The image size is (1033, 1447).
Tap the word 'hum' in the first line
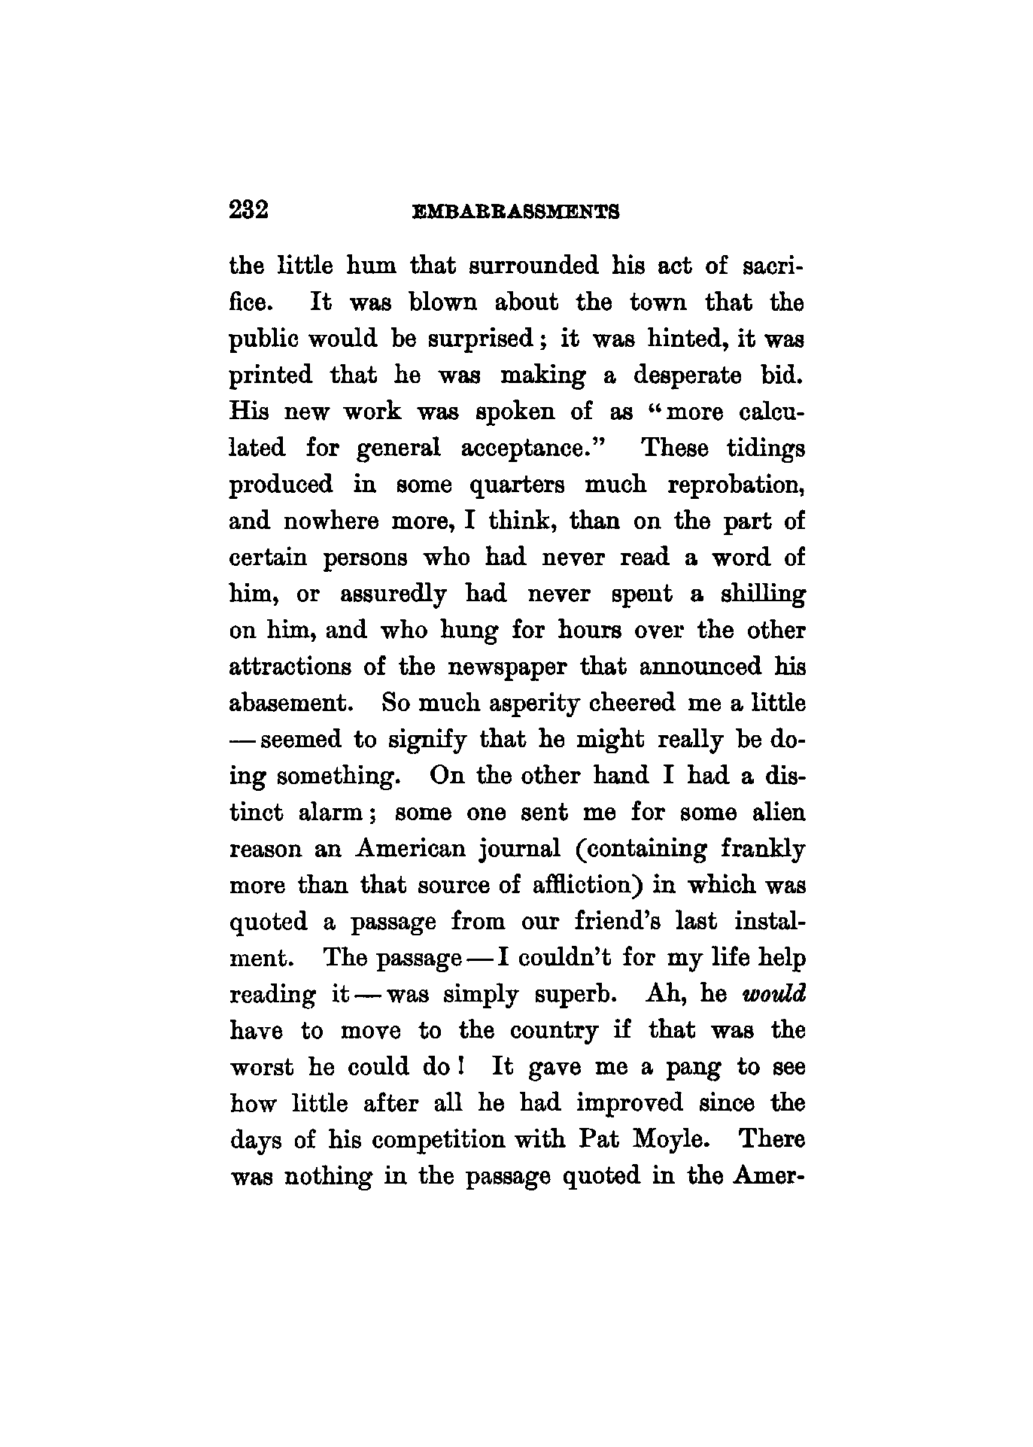[370, 266]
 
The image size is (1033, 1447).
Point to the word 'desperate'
[690, 375]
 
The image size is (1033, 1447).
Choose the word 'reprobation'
[736, 485]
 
